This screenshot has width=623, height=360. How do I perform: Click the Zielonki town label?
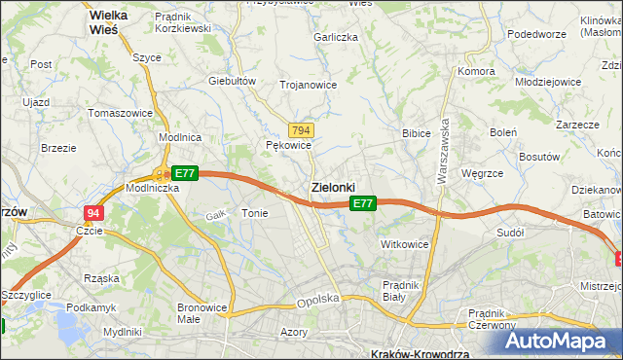pyautogui.click(x=332, y=186)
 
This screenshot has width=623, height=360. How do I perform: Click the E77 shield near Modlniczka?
pyautogui.click(x=185, y=173)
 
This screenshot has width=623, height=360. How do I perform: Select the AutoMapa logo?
pyautogui.click(x=563, y=341)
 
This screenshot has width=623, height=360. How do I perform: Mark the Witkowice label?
pyautogui.click(x=405, y=244)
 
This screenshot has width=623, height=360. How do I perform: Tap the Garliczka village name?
pyautogui.click(x=335, y=36)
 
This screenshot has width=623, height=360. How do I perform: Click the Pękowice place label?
pyautogui.click(x=288, y=145)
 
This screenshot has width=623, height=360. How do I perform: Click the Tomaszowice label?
pyautogui.click(x=120, y=113)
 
